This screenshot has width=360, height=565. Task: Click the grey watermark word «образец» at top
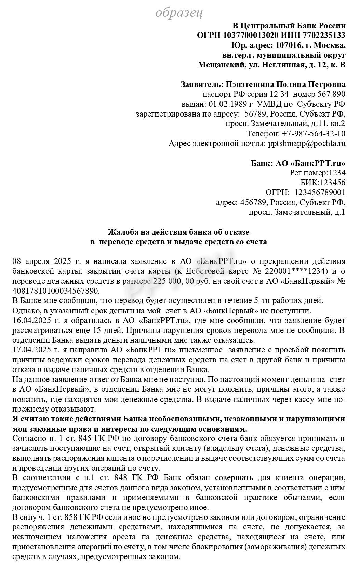[x=179, y=13]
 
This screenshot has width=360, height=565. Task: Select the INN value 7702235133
[x=324, y=35]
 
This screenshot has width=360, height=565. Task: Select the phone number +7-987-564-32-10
[x=314, y=133]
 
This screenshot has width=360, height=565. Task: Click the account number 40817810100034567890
[x=55, y=291]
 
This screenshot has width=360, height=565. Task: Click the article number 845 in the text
[x=85, y=438]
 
